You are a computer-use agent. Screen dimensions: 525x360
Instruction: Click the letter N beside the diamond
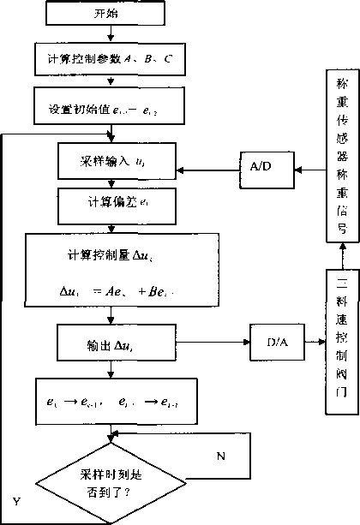click(x=220, y=456)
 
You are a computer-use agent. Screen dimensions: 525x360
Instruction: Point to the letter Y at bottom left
click(x=16, y=498)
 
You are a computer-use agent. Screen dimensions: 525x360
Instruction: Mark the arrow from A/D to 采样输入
click(x=212, y=161)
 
